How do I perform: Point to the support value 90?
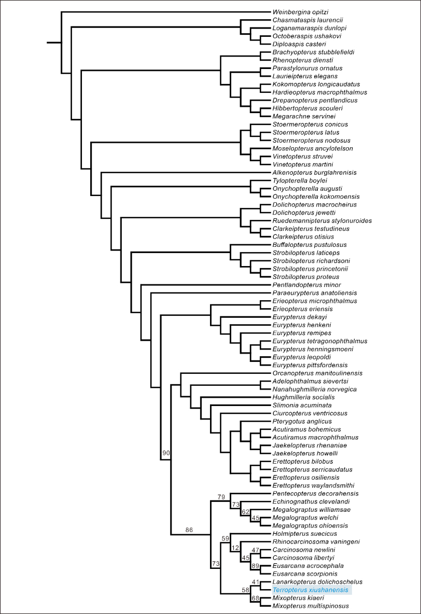coord(166,453)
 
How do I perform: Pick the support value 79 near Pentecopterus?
coord(221,497)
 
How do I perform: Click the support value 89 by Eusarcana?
coord(255,566)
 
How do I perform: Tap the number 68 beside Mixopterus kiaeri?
coord(255,598)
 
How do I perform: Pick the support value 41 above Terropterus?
coord(255,582)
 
